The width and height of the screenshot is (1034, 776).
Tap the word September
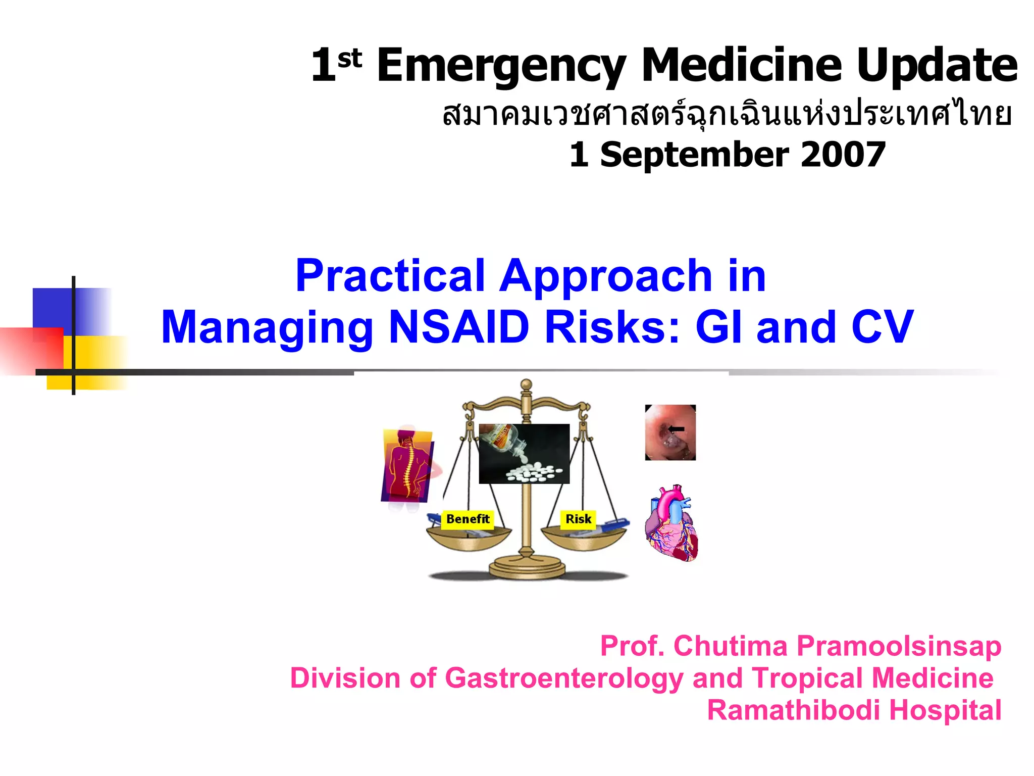click(694, 155)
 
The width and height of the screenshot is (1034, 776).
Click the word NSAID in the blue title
click(459, 327)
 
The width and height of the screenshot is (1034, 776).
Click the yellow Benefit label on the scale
click(468, 519)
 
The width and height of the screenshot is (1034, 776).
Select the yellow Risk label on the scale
click(578, 519)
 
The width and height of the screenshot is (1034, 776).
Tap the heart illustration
click(672, 523)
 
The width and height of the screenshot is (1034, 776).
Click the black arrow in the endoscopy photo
click(677, 429)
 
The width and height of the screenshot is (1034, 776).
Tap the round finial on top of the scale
click(526, 385)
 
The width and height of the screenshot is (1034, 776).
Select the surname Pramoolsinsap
click(899, 646)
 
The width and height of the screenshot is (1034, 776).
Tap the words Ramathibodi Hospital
click(854, 710)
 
